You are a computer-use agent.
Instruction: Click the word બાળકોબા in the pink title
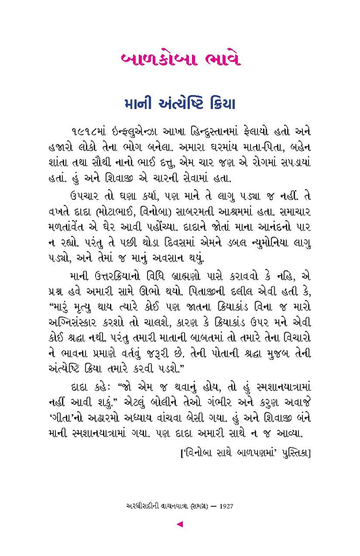tap(151, 60)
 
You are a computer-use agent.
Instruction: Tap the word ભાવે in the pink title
tap(219, 60)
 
